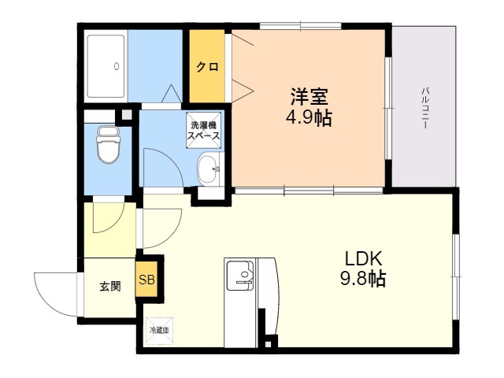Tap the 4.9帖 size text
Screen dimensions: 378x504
pyautogui.click(x=309, y=119)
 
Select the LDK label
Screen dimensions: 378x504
pyautogui.click(x=362, y=258)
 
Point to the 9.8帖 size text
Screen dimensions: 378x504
pyautogui.click(x=362, y=279)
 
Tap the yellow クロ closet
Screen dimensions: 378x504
pyautogui.click(x=207, y=67)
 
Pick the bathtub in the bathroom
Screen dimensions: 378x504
pyautogui.click(x=106, y=66)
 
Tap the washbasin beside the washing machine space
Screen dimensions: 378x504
pyautogui.click(x=208, y=168)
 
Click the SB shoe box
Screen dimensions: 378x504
pyautogui.click(x=147, y=280)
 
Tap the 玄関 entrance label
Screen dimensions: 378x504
pyautogui.click(x=109, y=287)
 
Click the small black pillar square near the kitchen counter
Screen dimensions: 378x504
pyautogui.click(x=270, y=342)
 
